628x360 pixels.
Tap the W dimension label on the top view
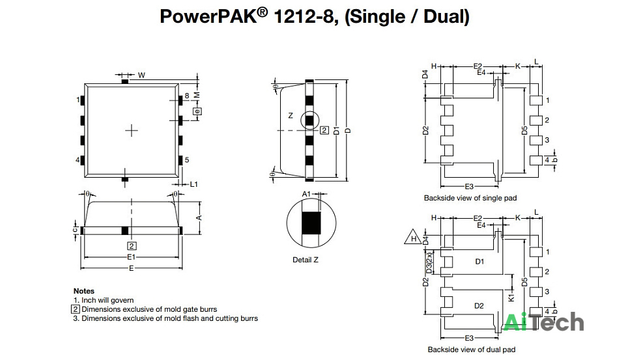pos(141,75)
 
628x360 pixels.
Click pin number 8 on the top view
pos(186,96)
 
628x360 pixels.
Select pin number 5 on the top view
pos(186,159)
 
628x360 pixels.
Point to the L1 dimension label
pos(194,184)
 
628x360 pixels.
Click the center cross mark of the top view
pos(132,131)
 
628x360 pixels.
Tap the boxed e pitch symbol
pos(197,111)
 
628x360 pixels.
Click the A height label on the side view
pos(199,218)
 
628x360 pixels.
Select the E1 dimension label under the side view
pos(132,257)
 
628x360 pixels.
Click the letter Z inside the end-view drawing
pos(291,116)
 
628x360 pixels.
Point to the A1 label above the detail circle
pos(306,194)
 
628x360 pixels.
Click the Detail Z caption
pos(305,260)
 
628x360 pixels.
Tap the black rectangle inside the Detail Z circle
pos(311,223)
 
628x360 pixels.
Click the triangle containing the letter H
pos(413,237)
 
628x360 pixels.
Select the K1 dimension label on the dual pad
pos(511,297)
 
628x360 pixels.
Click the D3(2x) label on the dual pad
pos(429,263)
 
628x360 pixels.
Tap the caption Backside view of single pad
pos(470,198)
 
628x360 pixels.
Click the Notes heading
pos(83,291)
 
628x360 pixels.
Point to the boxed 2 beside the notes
pos(76,309)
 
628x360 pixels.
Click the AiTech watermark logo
pos(543,322)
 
